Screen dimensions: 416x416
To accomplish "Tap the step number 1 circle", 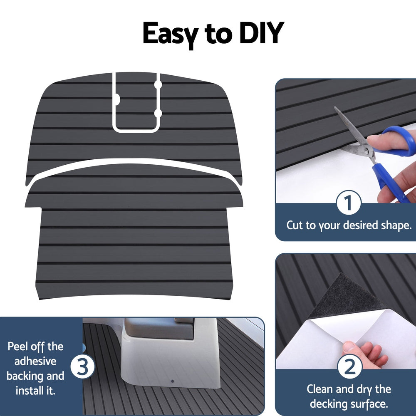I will coord(348,203).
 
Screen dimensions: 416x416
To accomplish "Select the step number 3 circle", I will coord(83,367).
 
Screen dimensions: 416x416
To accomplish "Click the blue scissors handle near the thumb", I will coord(399,141).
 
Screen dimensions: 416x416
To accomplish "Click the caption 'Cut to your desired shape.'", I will coord(349,225).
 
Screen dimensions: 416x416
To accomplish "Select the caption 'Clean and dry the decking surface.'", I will coord(349,396).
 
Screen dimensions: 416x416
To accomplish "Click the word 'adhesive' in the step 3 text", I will coord(35,362).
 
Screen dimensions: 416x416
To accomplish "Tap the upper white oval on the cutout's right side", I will coord(158,84).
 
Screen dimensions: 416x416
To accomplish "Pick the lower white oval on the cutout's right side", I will coord(158,113).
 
